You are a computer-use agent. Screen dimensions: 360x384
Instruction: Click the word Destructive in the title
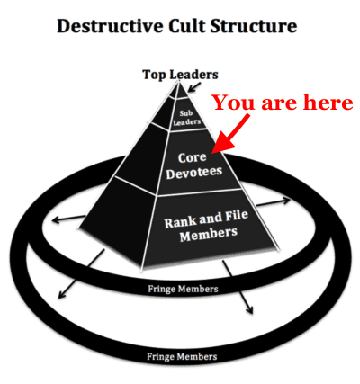[110, 26]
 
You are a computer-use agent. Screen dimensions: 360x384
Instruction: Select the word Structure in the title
[254, 26]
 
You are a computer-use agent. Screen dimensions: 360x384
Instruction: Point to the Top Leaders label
[180, 75]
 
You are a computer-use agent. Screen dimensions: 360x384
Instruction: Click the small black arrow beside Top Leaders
[194, 87]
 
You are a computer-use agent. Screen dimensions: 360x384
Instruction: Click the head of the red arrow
[222, 145]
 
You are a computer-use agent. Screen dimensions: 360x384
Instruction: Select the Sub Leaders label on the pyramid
[186, 118]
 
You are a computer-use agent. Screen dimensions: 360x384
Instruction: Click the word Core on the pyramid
[192, 157]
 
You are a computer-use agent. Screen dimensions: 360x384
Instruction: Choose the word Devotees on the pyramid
[194, 172]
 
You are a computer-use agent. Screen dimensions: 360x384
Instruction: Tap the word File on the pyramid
[237, 216]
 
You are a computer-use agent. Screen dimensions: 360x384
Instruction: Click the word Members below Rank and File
[209, 234]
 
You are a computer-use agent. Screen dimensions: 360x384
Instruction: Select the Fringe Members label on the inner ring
[183, 290]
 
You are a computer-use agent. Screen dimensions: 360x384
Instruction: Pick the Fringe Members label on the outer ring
[182, 357]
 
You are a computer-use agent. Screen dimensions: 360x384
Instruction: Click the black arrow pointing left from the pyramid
[68, 219]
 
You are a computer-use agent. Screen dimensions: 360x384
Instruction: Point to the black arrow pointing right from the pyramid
[274, 201]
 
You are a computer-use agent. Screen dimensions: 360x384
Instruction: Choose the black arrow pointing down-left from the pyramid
[81, 274]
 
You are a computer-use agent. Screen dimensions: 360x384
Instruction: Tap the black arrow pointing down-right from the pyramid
[238, 287]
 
